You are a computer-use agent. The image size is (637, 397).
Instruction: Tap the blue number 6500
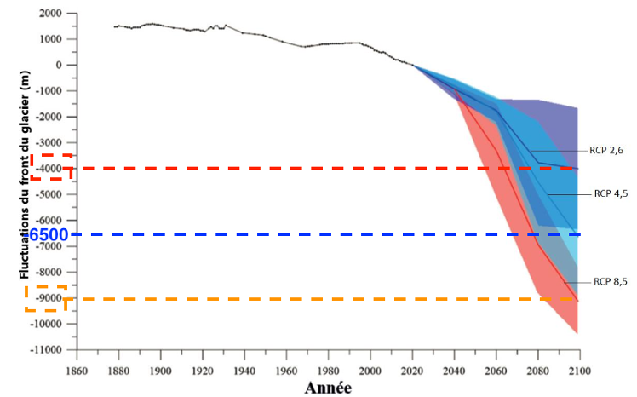49,234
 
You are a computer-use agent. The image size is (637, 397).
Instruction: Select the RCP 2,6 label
605,150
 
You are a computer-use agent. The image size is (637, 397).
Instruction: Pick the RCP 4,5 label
609,193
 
